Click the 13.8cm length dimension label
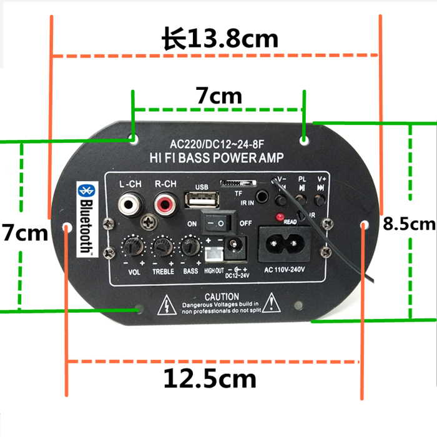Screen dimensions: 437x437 (x=219, y=39)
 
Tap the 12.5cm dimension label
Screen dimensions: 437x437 (x=210, y=378)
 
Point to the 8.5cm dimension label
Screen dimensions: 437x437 (x=408, y=223)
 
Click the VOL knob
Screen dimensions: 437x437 (x=132, y=247)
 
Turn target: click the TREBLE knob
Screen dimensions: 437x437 (x=162, y=247)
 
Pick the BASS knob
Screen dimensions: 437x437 (x=190, y=247)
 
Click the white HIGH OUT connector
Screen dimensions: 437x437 (x=212, y=255)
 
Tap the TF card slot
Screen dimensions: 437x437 (x=238, y=184)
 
